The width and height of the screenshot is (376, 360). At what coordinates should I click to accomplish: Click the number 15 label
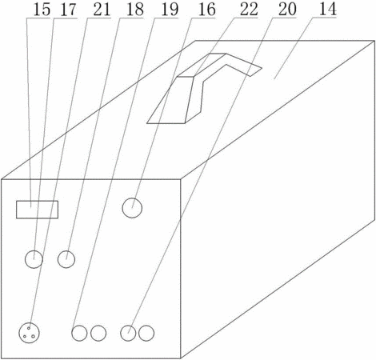[42, 10]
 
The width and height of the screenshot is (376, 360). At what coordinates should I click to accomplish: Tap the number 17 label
[68, 10]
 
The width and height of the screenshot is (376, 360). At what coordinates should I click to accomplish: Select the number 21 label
[102, 10]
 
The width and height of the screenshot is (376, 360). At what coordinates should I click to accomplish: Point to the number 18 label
[135, 10]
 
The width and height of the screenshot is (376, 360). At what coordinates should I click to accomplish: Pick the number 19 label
[170, 10]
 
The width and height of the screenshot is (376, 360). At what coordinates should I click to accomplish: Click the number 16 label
[207, 10]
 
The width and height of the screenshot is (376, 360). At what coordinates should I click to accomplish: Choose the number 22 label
[249, 10]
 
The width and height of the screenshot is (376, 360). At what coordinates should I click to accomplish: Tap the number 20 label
[287, 10]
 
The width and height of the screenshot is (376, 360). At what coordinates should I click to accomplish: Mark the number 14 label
[328, 10]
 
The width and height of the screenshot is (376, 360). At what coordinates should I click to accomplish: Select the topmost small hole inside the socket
[29, 328]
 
